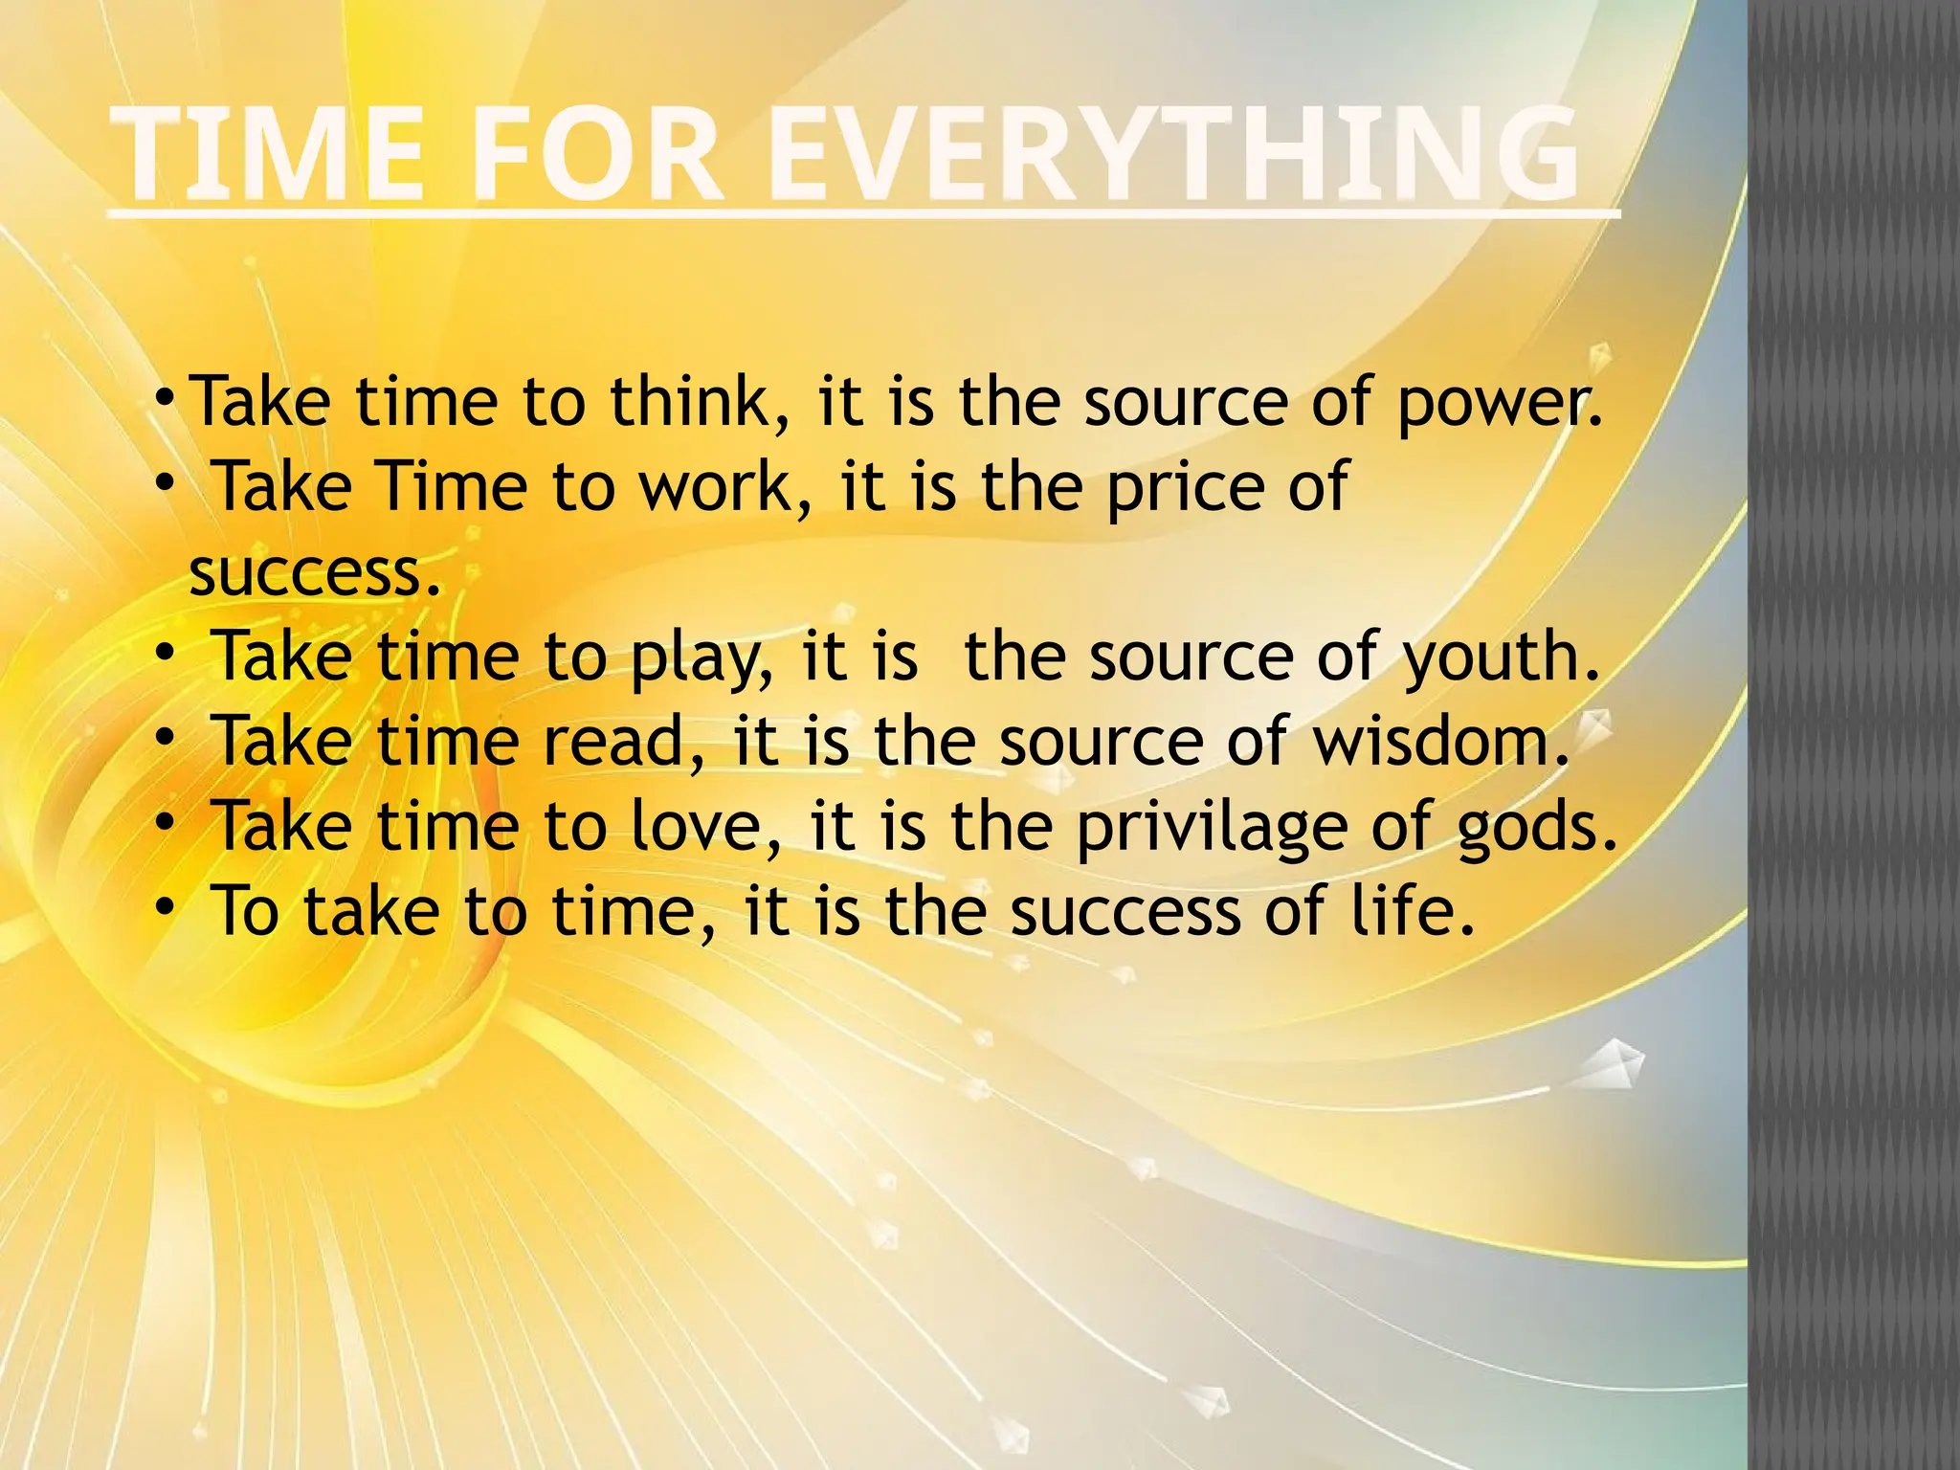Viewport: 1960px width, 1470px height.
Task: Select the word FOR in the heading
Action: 595,155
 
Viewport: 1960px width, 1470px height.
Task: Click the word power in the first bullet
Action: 1497,404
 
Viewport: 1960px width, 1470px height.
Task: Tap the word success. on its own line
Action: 316,572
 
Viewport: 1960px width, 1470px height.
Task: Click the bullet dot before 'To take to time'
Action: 166,904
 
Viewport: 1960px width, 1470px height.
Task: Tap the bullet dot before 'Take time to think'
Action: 166,395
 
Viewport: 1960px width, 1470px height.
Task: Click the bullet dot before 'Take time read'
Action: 166,736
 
